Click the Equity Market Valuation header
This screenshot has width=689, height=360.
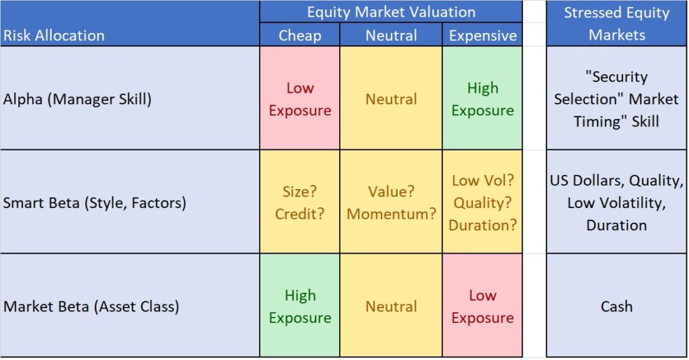tap(391, 12)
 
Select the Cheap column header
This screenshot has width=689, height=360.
tap(299, 35)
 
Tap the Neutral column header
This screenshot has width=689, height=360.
tap(391, 35)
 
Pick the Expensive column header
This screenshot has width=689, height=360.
tap(482, 35)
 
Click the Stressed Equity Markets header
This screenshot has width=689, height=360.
tap(616, 24)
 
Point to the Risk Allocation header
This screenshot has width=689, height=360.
tap(55, 35)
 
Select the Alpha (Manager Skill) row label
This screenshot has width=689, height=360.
tap(77, 99)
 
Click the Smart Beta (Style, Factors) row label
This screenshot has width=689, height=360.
tap(95, 203)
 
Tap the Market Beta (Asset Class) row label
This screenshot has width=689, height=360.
tap(92, 306)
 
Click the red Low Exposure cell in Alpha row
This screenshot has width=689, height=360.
tap(299, 99)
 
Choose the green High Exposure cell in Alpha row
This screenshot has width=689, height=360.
tap(482, 99)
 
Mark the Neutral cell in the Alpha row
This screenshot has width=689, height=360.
tap(391, 99)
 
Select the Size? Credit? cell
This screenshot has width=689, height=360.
tap(299, 203)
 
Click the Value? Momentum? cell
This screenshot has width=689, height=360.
tap(391, 203)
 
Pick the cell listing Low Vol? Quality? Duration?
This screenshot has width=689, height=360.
tap(482, 203)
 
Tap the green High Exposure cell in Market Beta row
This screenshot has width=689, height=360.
tap(299, 306)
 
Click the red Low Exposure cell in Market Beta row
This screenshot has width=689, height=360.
tap(482, 306)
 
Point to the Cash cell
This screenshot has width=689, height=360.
tap(616, 306)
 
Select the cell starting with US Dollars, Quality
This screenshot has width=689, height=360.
tap(616, 203)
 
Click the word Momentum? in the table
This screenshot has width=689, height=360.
tap(391, 214)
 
